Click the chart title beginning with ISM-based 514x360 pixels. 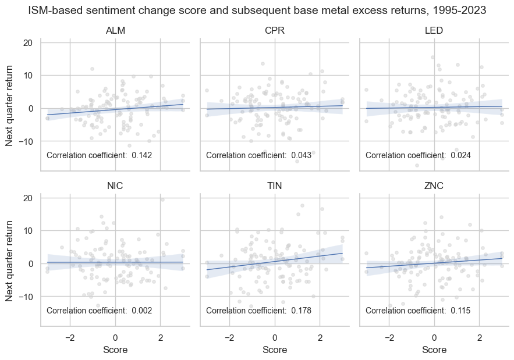click(257, 10)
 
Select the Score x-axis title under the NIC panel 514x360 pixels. click(115, 350)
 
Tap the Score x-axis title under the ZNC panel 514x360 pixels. click(434, 350)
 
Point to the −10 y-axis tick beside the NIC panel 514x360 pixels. click(27, 297)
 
